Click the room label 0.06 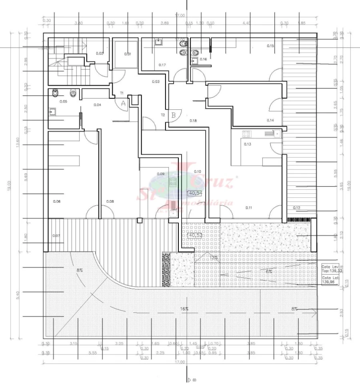56,201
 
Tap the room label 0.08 110,201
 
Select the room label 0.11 249,207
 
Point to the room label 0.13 247,144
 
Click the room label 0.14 270,120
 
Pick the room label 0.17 162,64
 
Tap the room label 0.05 63,102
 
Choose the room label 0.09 161,174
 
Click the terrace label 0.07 56,235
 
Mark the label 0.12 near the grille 296,207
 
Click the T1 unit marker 122,93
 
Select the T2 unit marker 163,115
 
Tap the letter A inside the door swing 123,103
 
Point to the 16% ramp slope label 184,309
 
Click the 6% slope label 269,271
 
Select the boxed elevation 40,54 196,193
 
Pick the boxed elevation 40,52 195,235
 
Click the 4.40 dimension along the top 246,23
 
